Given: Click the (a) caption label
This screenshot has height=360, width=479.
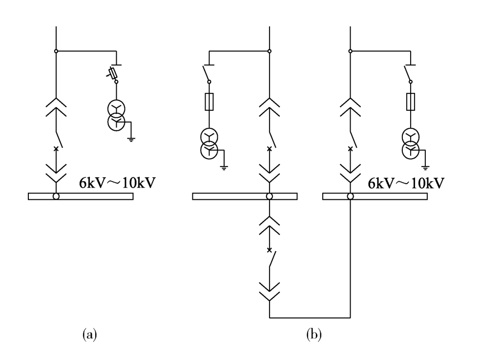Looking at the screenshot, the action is click(89, 334).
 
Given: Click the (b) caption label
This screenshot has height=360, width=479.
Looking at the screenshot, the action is click(314, 334).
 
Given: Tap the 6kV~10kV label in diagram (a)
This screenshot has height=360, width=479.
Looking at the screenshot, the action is click(117, 183).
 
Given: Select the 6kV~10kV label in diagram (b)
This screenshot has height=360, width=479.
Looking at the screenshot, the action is click(406, 183).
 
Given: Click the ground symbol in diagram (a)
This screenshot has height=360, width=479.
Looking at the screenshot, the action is click(131, 140).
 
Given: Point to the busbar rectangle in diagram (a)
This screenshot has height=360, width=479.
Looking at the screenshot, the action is click(81, 196).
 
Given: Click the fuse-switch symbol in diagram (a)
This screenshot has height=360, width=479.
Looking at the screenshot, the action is click(112, 73).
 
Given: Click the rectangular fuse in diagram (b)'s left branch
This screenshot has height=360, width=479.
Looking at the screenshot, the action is click(209, 102).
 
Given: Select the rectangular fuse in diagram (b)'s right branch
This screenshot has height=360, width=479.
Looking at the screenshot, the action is click(411, 102).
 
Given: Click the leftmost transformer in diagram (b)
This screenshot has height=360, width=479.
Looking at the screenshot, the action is click(209, 143).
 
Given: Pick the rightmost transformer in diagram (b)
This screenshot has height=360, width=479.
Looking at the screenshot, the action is click(411, 144).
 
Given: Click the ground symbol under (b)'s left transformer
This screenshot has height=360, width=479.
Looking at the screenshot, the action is click(224, 168).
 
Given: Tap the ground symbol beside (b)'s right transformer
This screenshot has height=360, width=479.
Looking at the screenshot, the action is click(425, 168).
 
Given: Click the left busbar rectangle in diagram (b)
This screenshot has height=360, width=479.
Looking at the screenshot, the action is click(245, 196).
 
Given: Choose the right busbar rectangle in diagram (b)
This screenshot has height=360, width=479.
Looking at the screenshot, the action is click(375, 196).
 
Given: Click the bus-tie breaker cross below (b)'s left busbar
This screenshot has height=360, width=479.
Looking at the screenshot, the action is click(269, 250).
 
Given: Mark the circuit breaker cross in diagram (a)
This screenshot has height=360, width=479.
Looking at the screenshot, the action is click(56, 149).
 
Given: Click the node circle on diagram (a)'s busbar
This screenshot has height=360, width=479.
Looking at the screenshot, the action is click(56, 196).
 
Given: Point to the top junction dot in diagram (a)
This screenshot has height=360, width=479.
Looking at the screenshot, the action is click(56, 51).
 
